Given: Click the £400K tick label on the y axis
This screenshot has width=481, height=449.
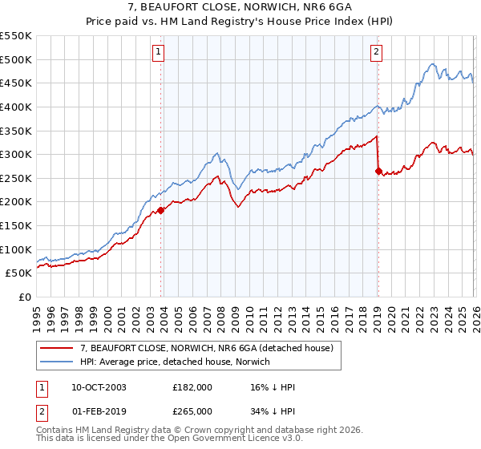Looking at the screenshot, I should (x=16, y=107).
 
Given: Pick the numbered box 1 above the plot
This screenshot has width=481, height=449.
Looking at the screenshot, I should (x=158, y=53).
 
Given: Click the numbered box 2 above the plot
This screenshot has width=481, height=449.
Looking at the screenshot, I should (x=376, y=53).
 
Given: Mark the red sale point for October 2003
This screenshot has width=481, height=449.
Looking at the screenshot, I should (x=160, y=211).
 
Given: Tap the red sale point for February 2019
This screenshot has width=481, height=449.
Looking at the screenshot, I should (x=378, y=171).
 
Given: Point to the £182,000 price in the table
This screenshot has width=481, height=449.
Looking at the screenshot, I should (x=192, y=387).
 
